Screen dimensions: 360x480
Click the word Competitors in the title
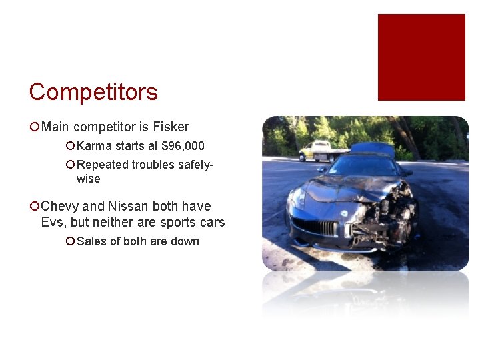click(x=93, y=92)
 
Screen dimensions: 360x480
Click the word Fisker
click(x=172, y=127)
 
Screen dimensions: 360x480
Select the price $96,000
click(x=183, y=146)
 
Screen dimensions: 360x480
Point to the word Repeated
click(x=100, y=165)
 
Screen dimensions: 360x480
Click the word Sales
click(x=91, y=241)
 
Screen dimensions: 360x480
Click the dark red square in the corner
click(x=421, y=57)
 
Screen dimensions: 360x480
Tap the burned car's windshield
click(x=363, y=165)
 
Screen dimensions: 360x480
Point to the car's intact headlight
click(x=299, y=199)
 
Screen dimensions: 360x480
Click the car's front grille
click(x=317, y=227)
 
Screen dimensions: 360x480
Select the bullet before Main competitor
click(x=35, y=127)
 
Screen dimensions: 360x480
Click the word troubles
click(x=154, y=165)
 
